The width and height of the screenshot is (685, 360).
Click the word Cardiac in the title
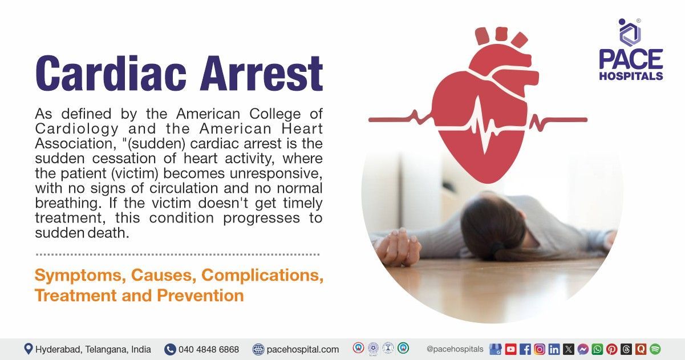coord(111,73)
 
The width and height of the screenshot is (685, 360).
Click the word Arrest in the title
coord(261,73)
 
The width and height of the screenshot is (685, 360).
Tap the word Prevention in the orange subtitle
coord(200,296)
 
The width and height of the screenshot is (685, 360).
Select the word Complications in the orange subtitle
coord(262,275)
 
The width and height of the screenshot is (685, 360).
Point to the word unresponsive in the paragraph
coord(276,174)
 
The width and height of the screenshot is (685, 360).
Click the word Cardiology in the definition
coord(76,129)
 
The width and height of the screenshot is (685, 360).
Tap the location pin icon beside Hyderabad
coord(29,349)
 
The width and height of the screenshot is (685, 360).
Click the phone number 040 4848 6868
coord(209,349)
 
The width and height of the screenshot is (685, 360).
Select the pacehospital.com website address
coord(303,349)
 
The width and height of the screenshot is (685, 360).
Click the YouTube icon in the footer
coord(510,349)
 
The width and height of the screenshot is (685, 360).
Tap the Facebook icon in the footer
coord(525,349)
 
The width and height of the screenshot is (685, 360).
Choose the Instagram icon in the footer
coord(540,349)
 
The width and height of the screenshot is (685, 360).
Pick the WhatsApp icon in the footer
coord(597,349)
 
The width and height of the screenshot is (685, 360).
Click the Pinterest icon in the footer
coord(611,349)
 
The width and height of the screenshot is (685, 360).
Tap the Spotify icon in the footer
coord(655,349)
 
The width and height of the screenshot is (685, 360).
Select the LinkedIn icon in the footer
coord(554,349)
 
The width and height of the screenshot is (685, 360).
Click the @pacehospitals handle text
coord(455,349)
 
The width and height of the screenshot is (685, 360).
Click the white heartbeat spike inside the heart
coord(483,126)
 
